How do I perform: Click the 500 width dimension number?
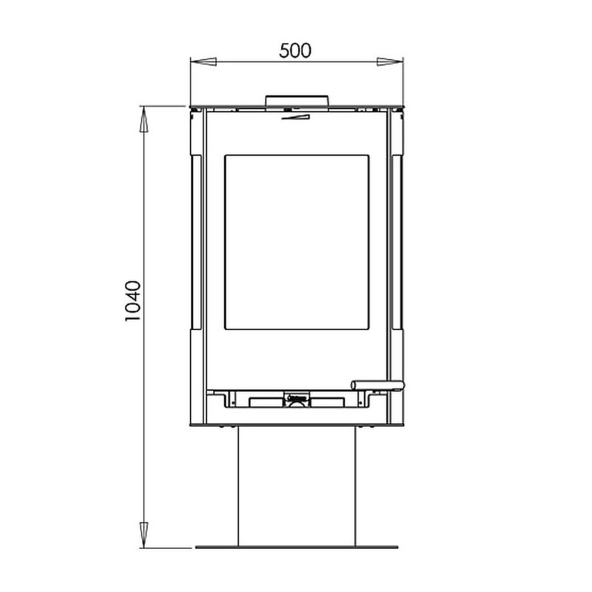coord(295,51)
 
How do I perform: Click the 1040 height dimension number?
coord(133,300)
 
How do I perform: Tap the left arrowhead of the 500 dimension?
coord(203,62)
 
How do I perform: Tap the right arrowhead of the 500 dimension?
coord(390,62)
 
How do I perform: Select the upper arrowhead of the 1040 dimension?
coord(144,119)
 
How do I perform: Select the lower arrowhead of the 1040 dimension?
coord(144,534)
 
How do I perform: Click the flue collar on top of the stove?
coord(297,101)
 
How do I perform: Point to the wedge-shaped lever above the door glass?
coord(295,117)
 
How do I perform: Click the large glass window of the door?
coord(297,242)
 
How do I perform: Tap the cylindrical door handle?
coord(377,386)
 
